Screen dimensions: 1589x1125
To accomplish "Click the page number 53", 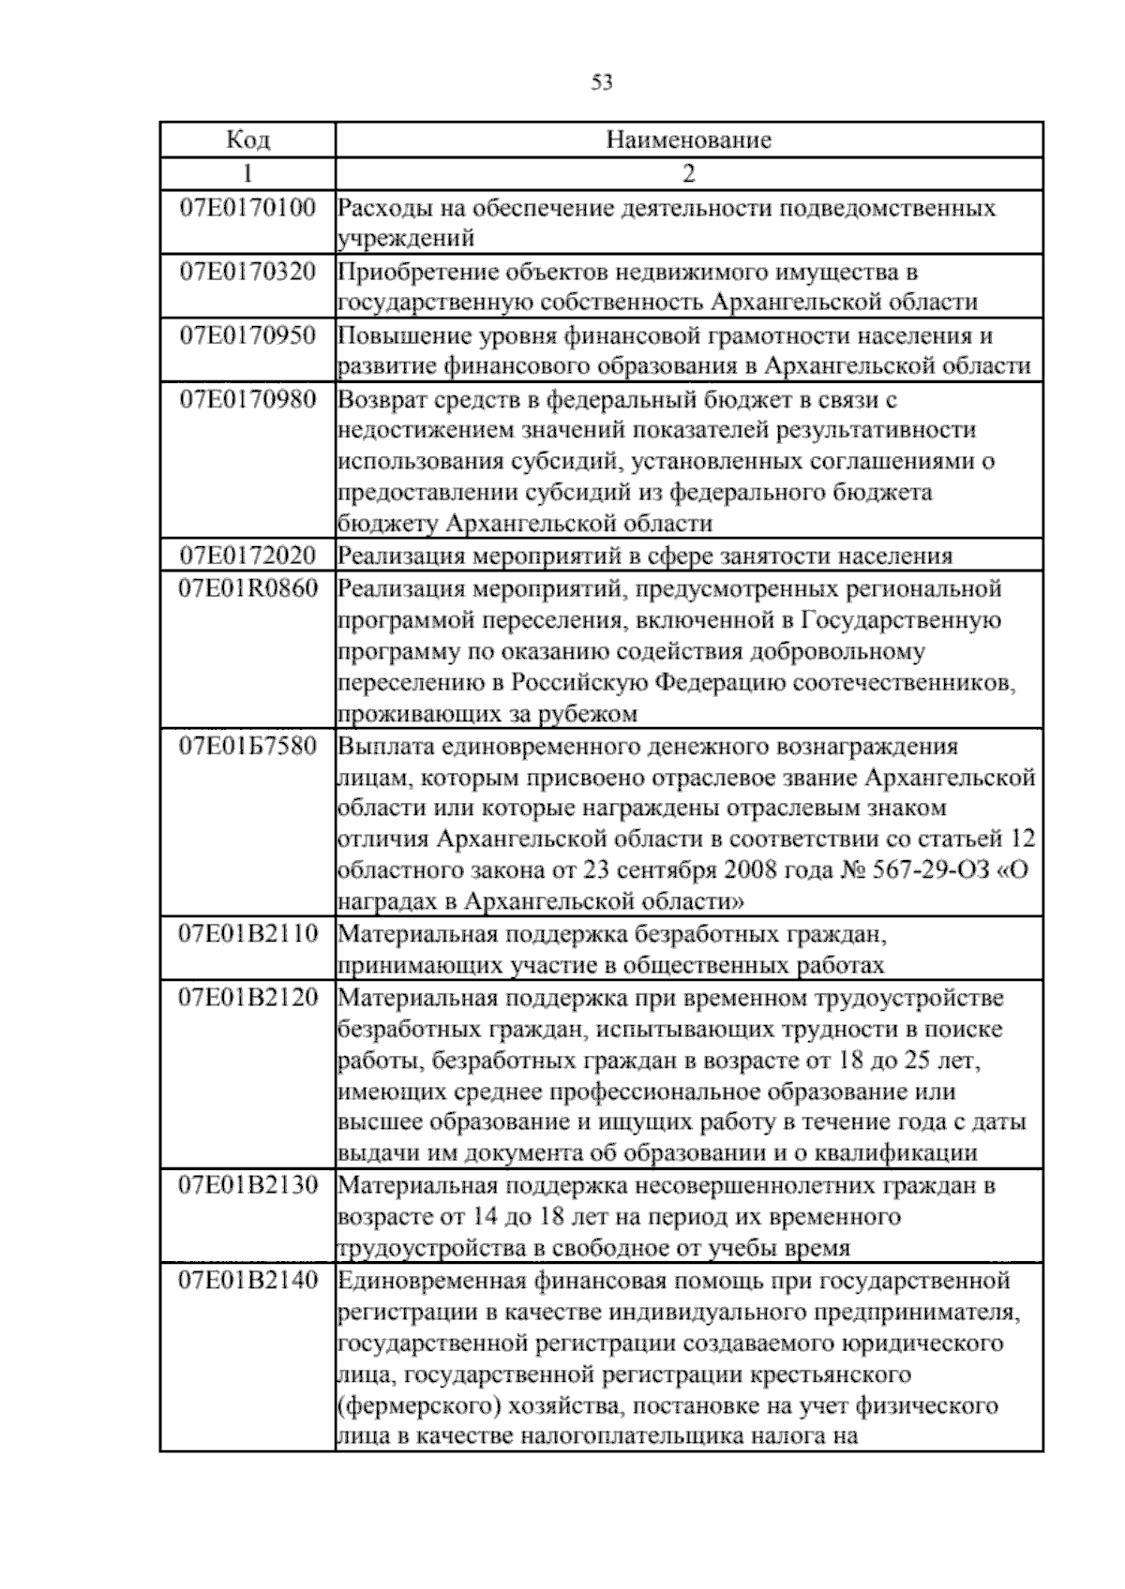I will coord(602,83).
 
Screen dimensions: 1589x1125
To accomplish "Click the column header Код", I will coord(247,141).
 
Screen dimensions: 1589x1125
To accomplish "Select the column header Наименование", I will coord(689,141).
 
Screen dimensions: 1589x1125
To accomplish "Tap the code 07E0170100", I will coord(247,207).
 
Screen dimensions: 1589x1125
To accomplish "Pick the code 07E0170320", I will coord(247,272).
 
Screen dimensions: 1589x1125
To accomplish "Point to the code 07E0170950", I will coord(247,335).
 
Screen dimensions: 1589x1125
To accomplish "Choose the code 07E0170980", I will coord(247,399).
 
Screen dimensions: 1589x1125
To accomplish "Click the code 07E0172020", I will coord(247,556).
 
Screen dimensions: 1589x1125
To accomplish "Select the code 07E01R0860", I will coord(247,588).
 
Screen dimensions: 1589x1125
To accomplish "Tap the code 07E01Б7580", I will coord(247,747).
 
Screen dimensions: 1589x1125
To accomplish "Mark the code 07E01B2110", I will coord(247,933).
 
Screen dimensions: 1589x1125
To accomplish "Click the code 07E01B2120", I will coord(247,997).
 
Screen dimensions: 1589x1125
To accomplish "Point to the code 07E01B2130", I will coord(247,1185).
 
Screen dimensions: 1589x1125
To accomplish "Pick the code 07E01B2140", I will coord(247,1280).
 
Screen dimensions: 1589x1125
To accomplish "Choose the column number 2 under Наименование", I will coord(689,173).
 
